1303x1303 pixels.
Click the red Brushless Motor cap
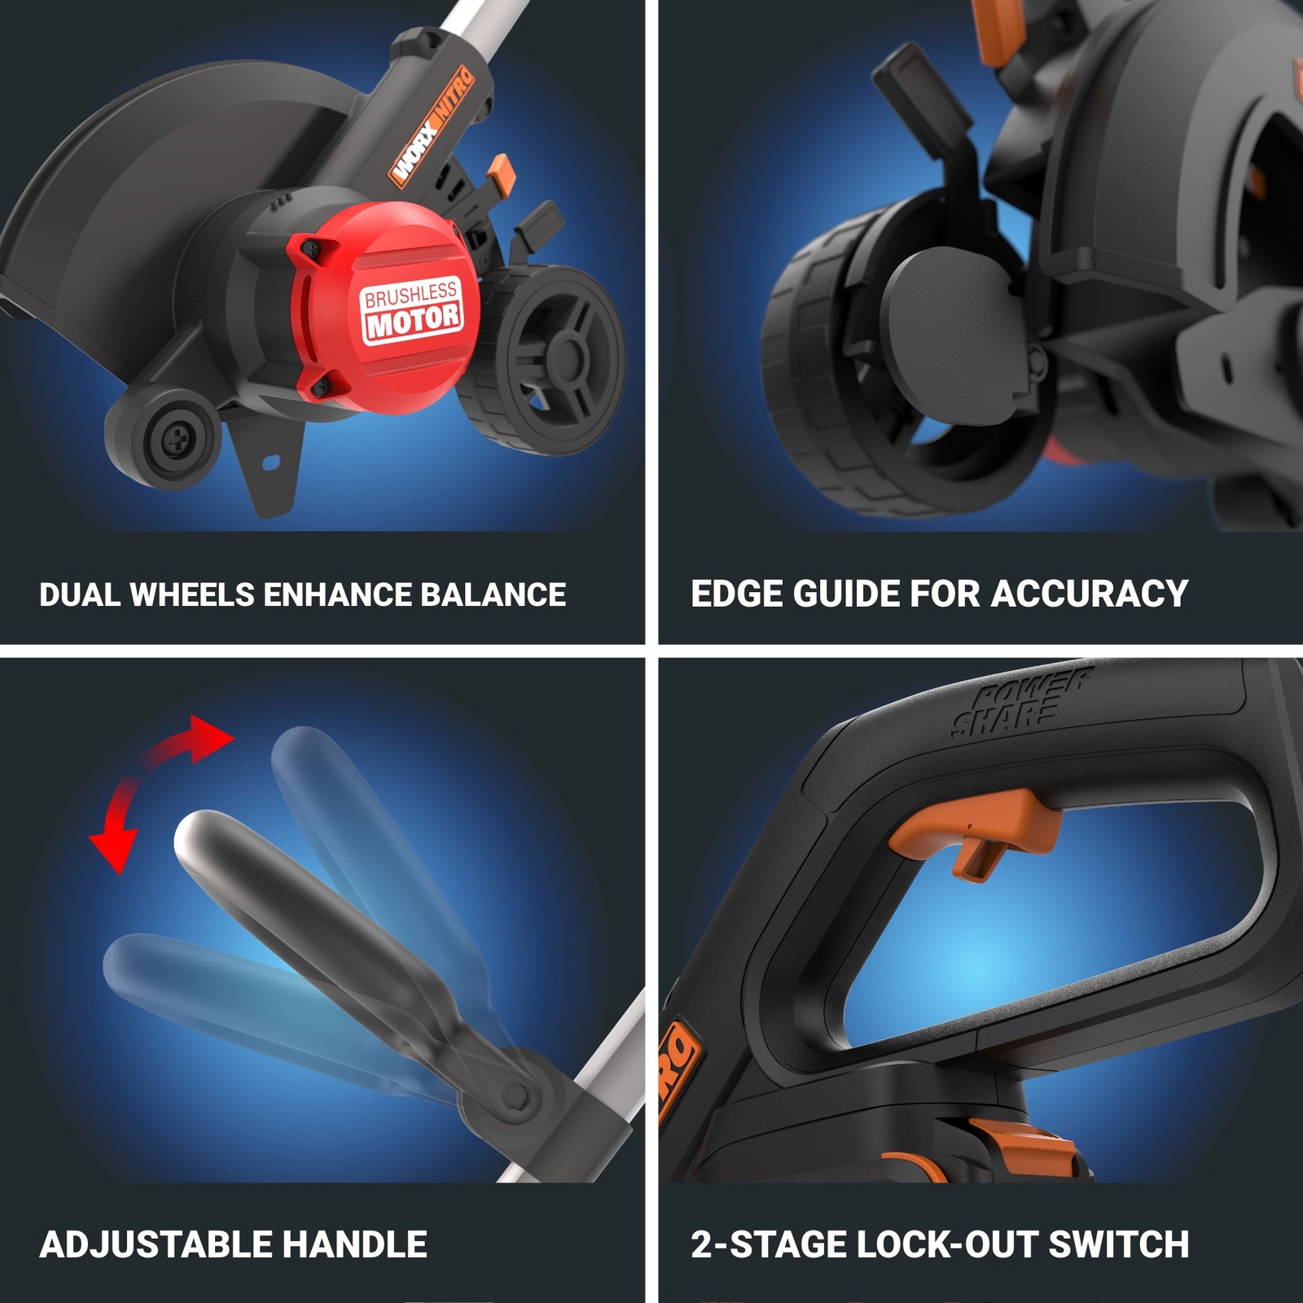coord(383,309)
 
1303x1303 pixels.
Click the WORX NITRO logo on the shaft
coord(432,126)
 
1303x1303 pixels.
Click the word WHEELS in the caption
coord(192,594)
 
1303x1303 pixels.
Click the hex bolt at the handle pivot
coord(516,1095)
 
